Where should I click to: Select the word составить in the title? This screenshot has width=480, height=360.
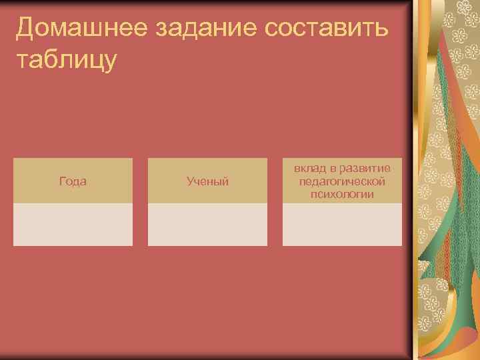(329, 28)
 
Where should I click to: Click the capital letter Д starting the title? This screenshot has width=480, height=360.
(26, 28)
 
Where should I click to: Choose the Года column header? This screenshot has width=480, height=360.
(73, 181)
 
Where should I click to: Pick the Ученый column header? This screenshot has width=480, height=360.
(207, 181)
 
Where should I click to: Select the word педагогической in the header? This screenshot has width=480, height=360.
(343, 181)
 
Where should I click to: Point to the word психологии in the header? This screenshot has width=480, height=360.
(342, 193)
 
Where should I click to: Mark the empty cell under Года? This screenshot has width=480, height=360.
(73, 225)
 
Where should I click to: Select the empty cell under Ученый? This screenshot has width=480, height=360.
(207, 225)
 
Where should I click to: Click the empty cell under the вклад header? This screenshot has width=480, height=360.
(342, 225)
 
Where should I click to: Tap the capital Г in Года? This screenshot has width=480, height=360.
(62, 181)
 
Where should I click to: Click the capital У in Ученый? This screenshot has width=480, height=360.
(190, 181)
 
